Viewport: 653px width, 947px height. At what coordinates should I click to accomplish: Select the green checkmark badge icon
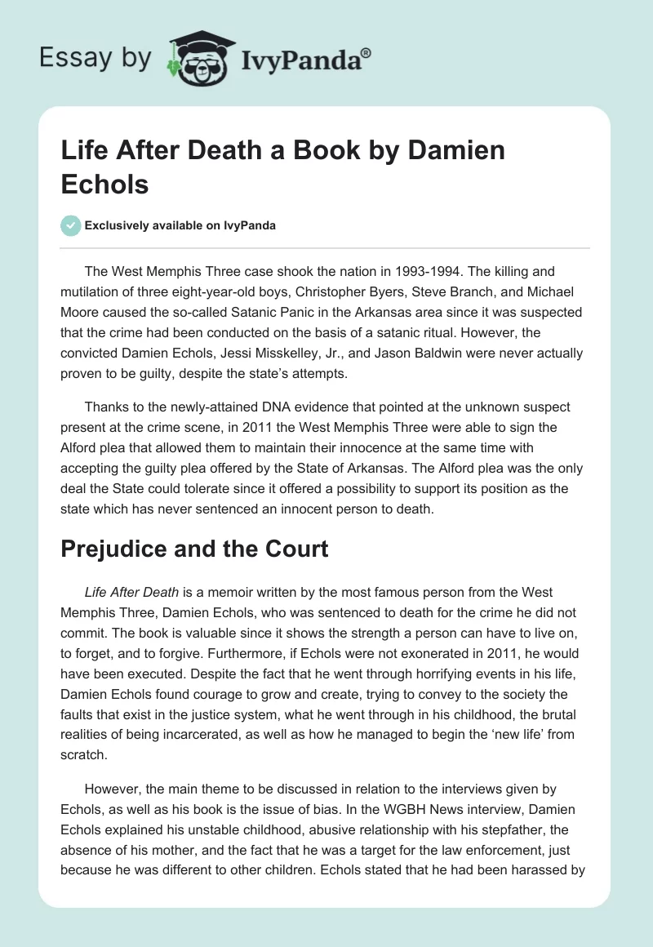(70, 225)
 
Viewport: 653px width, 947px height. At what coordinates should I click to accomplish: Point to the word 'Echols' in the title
(104, 184)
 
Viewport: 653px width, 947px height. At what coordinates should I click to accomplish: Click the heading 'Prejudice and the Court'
(194, 549)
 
